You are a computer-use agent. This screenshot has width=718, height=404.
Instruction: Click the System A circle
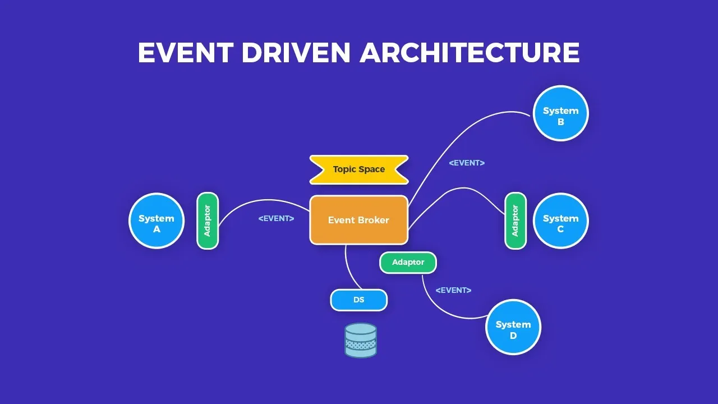(x=157, y=221)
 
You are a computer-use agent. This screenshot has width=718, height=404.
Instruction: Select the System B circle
(x=560, y=113)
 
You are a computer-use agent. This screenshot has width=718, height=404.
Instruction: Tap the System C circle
(x=560, y=221)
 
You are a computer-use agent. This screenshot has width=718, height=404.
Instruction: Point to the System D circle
(x=513, y=327)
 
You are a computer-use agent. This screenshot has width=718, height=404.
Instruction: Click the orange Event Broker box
(x=358, y=220)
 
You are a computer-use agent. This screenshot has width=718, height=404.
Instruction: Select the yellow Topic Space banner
(x=359, y=169)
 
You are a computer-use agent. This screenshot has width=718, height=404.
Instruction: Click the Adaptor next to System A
(x=207, y=221)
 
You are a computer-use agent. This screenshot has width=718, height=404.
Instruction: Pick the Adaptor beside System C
(x=515, y=221)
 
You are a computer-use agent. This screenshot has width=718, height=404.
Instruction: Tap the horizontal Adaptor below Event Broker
(x=408, y=263)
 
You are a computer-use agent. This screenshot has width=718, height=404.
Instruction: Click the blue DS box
(x=358, y=300)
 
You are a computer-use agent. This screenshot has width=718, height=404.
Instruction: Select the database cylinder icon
(x=361, y=340)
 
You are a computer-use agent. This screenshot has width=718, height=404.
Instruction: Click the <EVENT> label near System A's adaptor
(x=276, y=218)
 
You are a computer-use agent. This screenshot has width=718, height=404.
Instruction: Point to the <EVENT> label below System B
(x=467, y=163)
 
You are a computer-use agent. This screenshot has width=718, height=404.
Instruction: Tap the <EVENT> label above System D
(x=453, y=290)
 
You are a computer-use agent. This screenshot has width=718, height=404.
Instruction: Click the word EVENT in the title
(x=185, y=53)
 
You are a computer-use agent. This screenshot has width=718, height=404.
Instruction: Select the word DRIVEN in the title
(x=296, y=53)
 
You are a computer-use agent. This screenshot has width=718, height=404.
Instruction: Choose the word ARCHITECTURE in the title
(x=470, y=53)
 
